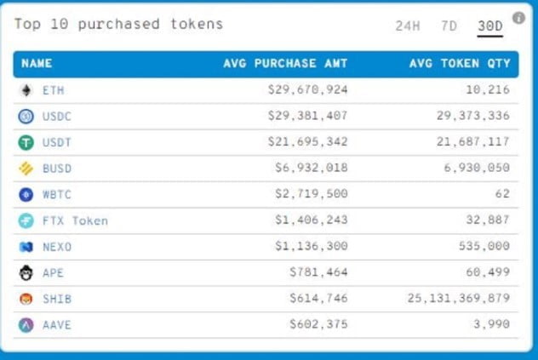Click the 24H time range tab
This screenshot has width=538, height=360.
point(408,26)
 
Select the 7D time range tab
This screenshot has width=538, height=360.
point(449,26)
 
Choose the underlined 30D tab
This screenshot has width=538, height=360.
point(489,26)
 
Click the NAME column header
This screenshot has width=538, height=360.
point(37,63)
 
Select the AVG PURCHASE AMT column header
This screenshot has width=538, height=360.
point(285,63)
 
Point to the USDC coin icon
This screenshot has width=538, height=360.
point(26,116)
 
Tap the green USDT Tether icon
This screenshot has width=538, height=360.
point(26,142)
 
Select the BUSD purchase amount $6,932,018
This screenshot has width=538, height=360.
point(311,169)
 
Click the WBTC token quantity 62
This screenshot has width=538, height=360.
point(501,194)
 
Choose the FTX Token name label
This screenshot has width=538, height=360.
point(75,220)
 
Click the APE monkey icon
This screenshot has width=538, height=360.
point(26,273)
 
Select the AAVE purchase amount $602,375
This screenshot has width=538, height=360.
point(318,325)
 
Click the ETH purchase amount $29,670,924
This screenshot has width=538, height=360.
point(307,89)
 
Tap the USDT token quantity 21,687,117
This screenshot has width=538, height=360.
point(472,142)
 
